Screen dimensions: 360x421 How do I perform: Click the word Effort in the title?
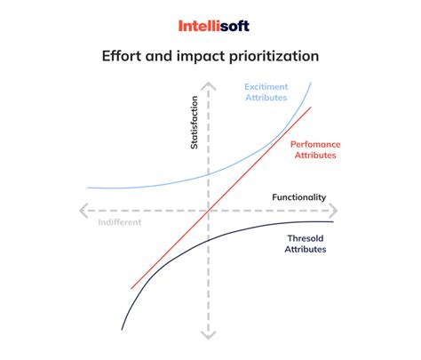coord(121,57)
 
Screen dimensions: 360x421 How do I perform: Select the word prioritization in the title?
coord(266,57)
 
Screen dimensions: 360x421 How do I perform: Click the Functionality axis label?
coord(298,196)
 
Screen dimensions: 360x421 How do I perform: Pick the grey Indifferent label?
coord(119,222)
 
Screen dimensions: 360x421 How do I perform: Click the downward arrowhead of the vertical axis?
coord(207,336)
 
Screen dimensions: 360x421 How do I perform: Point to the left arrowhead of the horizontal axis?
coord(82,211)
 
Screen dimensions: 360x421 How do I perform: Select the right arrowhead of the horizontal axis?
coord(335,211)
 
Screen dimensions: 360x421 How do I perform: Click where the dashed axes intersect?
coord(207,211)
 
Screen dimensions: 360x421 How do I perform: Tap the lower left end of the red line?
coord(131,288)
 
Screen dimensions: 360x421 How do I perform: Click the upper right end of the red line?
coord(311,108)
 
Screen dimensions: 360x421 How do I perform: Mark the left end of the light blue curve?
coord(89,187)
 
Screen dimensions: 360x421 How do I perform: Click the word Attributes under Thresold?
coord(306,250)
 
